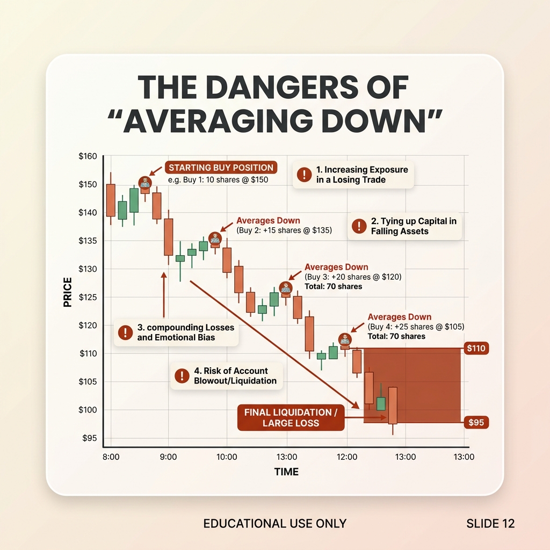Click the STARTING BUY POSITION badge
(x=221, y=168)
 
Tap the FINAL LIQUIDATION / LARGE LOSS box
(x=291, y=417)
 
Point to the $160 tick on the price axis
(x=88, y=156)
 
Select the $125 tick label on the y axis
(x=88, y=297)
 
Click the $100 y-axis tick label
(x=88, y=410)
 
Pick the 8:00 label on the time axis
(x=111, y=457)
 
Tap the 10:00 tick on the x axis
(x=227, y=457)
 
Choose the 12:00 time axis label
(x=347, y=457)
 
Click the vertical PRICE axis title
(x=67, y=292)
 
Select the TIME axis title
(x=286, y=472)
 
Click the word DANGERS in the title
(x=285, y=87)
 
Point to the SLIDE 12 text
(x=490, y=523)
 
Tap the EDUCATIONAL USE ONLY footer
(x=274, y=523)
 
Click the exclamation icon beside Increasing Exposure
(x=304, y=175)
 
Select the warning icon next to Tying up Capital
(x=359, y=226)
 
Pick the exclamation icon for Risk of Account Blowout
(x=182, y=375)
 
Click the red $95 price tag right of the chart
(x=476, y=422)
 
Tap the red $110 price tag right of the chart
(x=476, y=348)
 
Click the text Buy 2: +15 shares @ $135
(x=284, y=230)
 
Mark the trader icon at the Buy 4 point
(x=345, y=339)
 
